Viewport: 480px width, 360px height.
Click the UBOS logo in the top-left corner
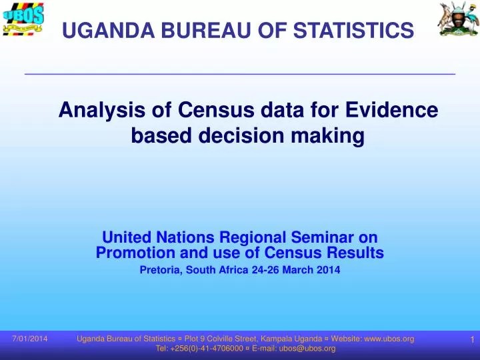click(x=23, y=19)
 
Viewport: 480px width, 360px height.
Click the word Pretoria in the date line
click(x=161, y=270)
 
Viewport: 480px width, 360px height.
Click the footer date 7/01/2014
click(x=30, y=339)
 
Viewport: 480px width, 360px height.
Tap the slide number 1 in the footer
click(x=471, y=341)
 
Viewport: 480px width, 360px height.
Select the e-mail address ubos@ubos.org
click(x=307, y=349)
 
